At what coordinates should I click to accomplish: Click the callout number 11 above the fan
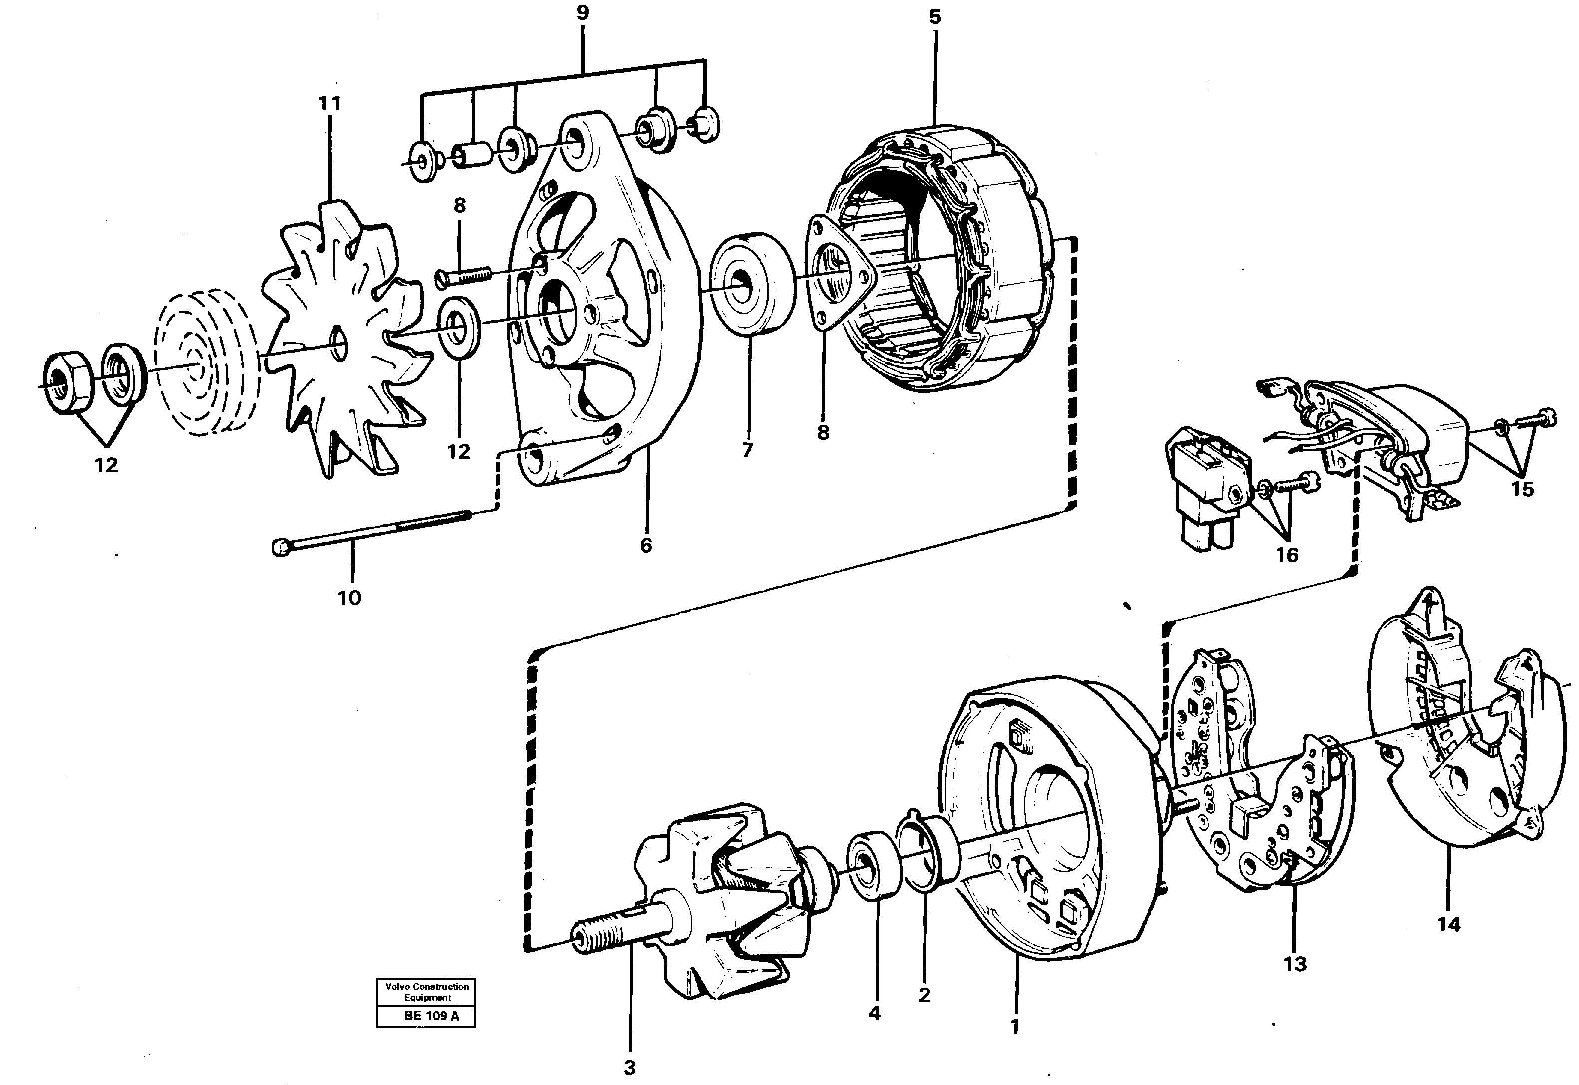pos(329,104)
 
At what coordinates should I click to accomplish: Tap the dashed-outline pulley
pos(203,370)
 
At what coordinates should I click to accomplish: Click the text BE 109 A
pos(431,1016)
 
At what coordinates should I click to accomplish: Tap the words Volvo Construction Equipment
pos(427,992)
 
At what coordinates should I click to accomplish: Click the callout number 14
pos(1449,925)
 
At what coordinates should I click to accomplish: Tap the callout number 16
pos(1287,555)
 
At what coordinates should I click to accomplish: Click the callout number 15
pos(1522,489)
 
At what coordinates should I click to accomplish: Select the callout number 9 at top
pos(583,13)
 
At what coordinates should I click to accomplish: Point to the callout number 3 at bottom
pos(630,1068)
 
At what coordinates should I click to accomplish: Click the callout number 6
pos(646,545)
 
